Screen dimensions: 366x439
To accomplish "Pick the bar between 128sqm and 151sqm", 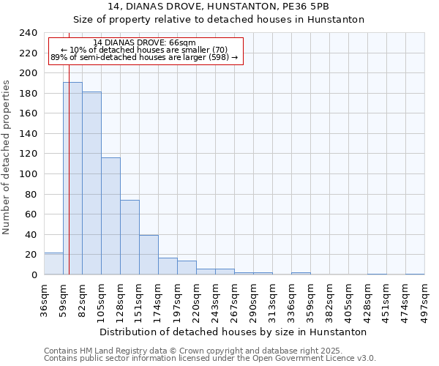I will tap(130, 237).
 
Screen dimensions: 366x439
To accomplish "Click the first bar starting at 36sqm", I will tap(53, 264).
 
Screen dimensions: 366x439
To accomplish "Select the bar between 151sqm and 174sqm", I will tap(149, 255).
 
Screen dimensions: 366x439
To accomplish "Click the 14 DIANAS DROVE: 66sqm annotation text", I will tap(144, 43).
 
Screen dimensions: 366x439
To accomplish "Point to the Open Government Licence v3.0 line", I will tap(210, 358).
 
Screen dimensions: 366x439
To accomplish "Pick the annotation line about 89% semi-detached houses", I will tap(144, 57).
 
